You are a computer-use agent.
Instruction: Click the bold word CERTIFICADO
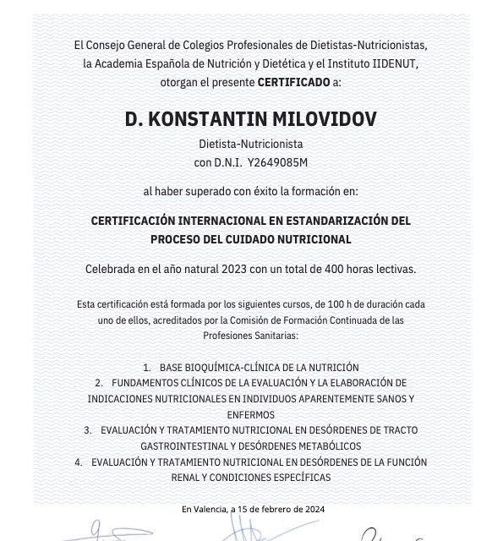tap(295, 82)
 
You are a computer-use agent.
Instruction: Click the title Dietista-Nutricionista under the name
tap(250, 144)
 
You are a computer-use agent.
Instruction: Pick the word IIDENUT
tap(397, 63)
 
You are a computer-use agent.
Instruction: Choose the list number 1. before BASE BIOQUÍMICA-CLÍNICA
tap(147, 368)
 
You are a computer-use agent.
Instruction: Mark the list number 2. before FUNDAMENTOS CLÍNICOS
tap(99, 383)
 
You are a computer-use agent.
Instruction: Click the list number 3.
tap(88, 430)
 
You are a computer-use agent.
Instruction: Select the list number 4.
tap(79, 462)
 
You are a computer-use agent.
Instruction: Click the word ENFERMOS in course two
tap(251, 415)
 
